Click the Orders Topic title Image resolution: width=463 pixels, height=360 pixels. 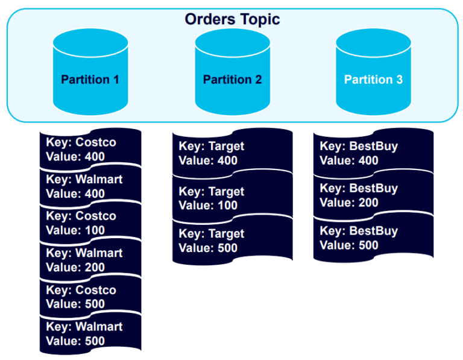click(x=232, y=19)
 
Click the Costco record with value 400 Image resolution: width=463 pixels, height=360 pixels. click(x=90, y=150)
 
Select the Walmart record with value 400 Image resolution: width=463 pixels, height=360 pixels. click(x=90, y=186)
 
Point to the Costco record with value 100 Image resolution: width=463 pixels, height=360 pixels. click(x=90, y=223)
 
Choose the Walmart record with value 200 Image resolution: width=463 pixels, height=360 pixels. click(x=90, y=260)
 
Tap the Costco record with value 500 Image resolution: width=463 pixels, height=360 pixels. click(x=90, y=297)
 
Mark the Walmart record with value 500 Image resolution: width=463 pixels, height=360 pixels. click(x=90, y=333)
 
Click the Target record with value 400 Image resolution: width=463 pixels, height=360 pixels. click(x=232, y=153)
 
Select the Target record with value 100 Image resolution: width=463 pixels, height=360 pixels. click(x=232, y=198)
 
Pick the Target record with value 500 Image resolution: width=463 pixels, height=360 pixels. click(x=232, y=241)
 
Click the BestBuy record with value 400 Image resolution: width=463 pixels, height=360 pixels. click(x=373, y=153)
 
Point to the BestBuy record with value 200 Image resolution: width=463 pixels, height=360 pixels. click(x=373, y=195)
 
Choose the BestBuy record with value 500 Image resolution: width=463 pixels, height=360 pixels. click(x=373, y=238)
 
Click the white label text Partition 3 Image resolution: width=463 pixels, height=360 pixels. click(x=373, y=80)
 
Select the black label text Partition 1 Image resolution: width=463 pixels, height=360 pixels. click(x=90, y=80)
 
